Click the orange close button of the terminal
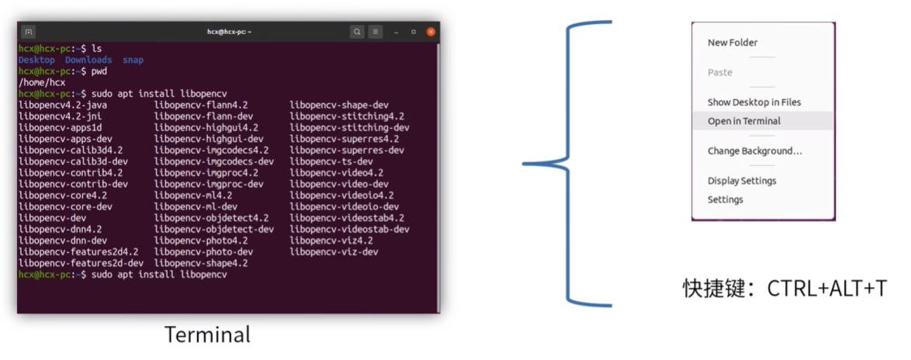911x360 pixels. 431,32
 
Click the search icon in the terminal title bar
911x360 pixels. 357,32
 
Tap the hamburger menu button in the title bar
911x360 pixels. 376,32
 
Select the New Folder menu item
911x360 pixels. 732,43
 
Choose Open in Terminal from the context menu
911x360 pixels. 743,121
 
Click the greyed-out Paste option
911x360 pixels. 719,73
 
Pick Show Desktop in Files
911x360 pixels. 754,102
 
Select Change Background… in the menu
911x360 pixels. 755,151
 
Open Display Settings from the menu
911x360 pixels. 742,181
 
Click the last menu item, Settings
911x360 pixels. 725,199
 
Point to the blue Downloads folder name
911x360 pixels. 88,60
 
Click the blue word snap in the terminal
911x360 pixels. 133,60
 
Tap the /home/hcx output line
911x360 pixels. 42,82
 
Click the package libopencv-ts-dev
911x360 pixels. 331,161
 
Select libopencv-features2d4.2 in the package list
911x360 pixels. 78,251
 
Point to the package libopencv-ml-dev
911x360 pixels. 196,206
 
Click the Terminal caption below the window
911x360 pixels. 207,335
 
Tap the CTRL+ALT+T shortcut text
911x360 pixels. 826,289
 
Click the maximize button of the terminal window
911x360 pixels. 414,32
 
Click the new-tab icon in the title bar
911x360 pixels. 28,32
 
